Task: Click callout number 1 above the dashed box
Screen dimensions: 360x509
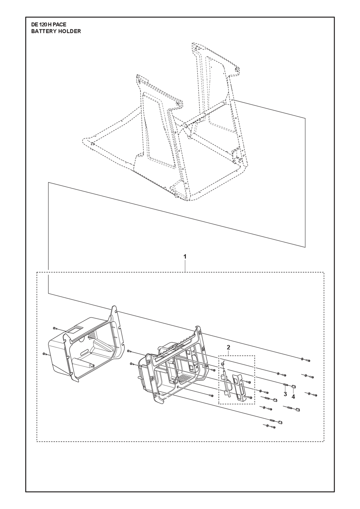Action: (185, 256)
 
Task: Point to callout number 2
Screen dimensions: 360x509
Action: (228, 354)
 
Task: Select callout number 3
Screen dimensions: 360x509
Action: (285, 394)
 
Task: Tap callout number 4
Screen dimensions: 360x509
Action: (293, 397)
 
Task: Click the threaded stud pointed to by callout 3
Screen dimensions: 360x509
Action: (286, 385)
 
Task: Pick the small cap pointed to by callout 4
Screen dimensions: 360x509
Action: (293, 386)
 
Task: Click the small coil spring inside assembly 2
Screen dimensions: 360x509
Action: (223, 365)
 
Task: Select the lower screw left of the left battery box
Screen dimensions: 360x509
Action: (44, 354)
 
